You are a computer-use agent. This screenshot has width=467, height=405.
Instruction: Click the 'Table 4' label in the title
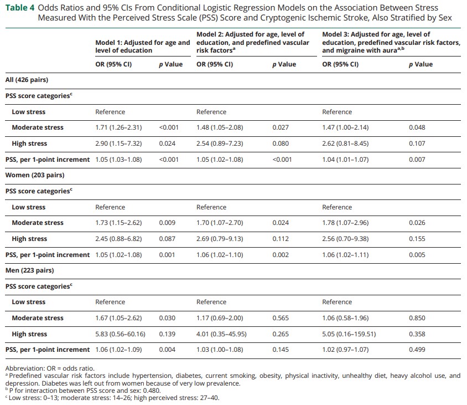pos(20,8)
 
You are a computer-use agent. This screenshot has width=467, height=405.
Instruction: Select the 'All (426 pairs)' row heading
pos(27,80)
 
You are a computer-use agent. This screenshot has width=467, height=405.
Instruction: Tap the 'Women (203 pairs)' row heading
pos(35,175)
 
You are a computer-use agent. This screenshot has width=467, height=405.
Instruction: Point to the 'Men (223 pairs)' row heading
pos(30,270)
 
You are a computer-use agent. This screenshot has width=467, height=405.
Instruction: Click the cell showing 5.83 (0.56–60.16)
pos(120,334)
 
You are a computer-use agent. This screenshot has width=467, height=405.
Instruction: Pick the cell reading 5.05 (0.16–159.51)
pos(349,334)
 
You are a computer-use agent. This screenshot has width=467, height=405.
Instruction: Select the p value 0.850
pos(417,318)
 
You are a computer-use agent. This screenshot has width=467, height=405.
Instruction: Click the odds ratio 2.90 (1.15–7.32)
pos(118,143)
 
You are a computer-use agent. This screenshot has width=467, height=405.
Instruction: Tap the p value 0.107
pos(417,143)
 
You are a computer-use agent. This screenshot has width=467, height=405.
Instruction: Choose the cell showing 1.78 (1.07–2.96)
pos(345,223)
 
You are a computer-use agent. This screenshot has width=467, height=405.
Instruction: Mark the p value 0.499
pos(417,350)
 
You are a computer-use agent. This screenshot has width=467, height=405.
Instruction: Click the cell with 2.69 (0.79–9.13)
pos(220,239)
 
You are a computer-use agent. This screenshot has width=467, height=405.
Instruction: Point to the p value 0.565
pos(281,318)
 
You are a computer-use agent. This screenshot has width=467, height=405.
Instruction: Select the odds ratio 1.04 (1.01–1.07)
pos(345,160)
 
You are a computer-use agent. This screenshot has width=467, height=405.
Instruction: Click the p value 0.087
pos(167,239)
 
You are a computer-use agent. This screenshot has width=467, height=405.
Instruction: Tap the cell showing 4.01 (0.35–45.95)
pos(221,334)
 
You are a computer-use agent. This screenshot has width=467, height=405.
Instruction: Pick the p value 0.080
pos(281,143)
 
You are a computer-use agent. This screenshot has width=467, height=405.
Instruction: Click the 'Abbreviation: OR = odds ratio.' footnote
pos(50,368)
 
